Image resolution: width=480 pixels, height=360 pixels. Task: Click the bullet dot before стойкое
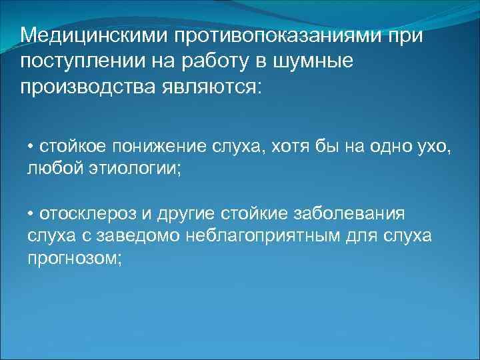coord(31,147)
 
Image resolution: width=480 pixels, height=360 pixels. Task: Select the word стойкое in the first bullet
coord(68,147)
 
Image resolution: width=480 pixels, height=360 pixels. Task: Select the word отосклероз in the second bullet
coord(83,215)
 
